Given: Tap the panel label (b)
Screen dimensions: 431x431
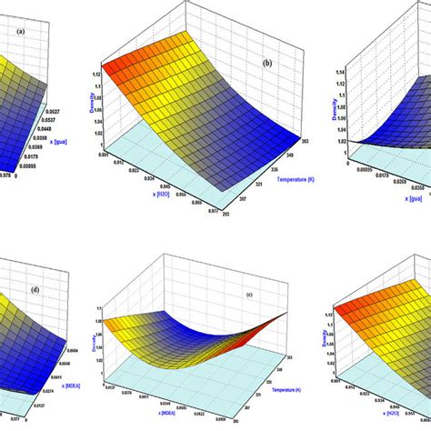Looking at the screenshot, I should [266, 64].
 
